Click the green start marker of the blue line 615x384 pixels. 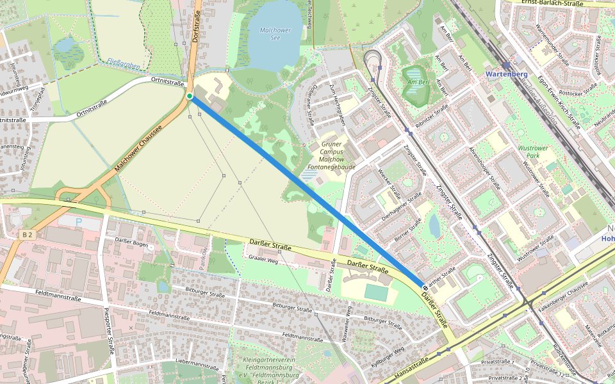point(190,96)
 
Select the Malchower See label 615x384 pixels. point(275,34)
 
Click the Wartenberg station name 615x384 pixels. point(506,74)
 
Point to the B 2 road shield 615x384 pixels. point(26,235)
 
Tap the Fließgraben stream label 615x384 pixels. point(119,61)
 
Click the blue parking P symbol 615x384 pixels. point(79,222)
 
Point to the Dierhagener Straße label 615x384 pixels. point(399,212)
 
